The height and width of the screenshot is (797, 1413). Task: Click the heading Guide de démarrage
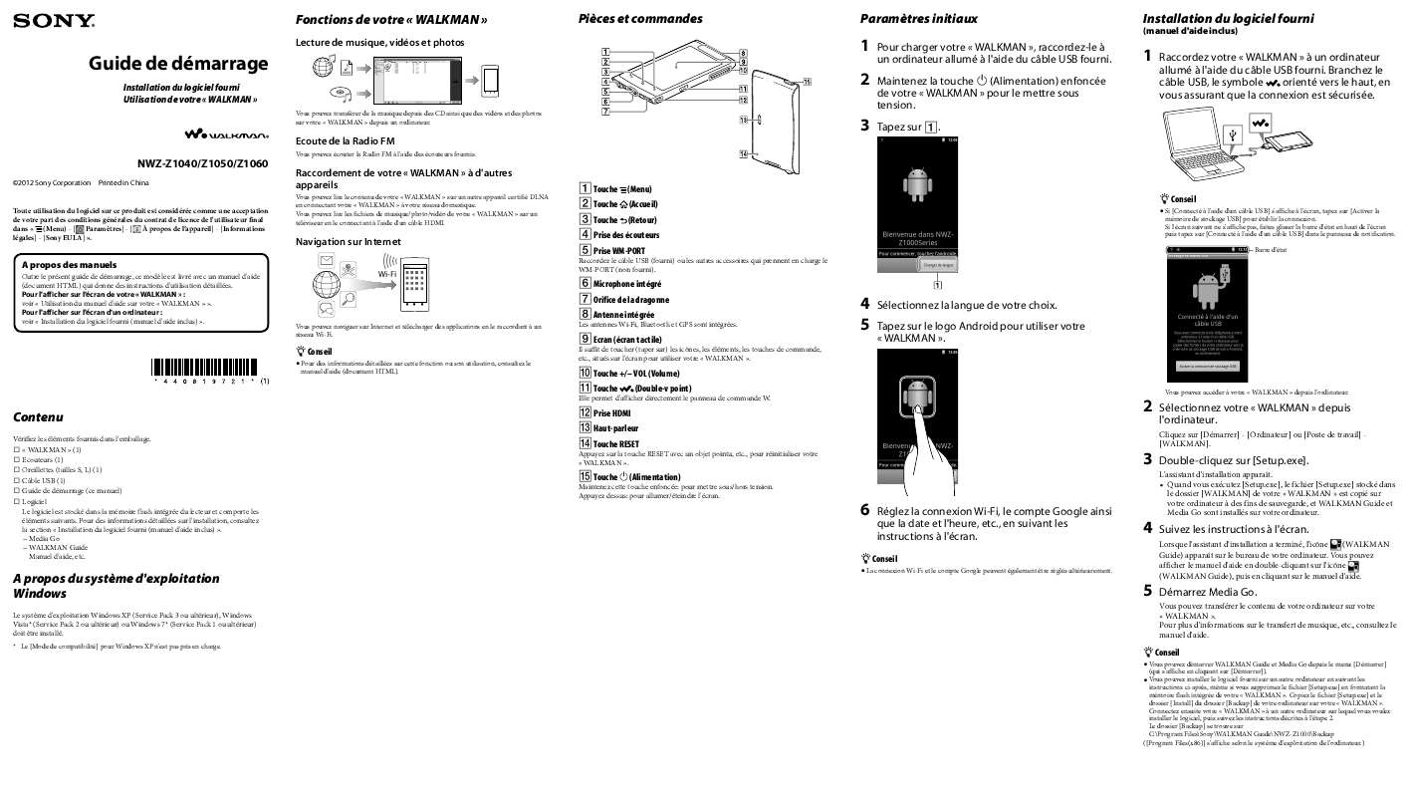point(178,64)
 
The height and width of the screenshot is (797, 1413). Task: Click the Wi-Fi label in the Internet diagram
point(388,273)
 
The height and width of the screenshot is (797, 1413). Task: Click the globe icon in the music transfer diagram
point(321,67)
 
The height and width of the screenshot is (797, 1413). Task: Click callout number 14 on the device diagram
point(743,153)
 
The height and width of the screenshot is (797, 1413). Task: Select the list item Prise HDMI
point(611,412)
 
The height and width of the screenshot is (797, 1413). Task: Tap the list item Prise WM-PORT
point(618,250)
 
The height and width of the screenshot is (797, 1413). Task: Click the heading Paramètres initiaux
point(918,19)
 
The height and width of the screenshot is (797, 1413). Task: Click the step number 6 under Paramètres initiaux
point(865,510)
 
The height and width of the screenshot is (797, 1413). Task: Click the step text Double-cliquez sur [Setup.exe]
point(1233,459)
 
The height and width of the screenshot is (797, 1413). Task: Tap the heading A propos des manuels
point(70,265)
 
